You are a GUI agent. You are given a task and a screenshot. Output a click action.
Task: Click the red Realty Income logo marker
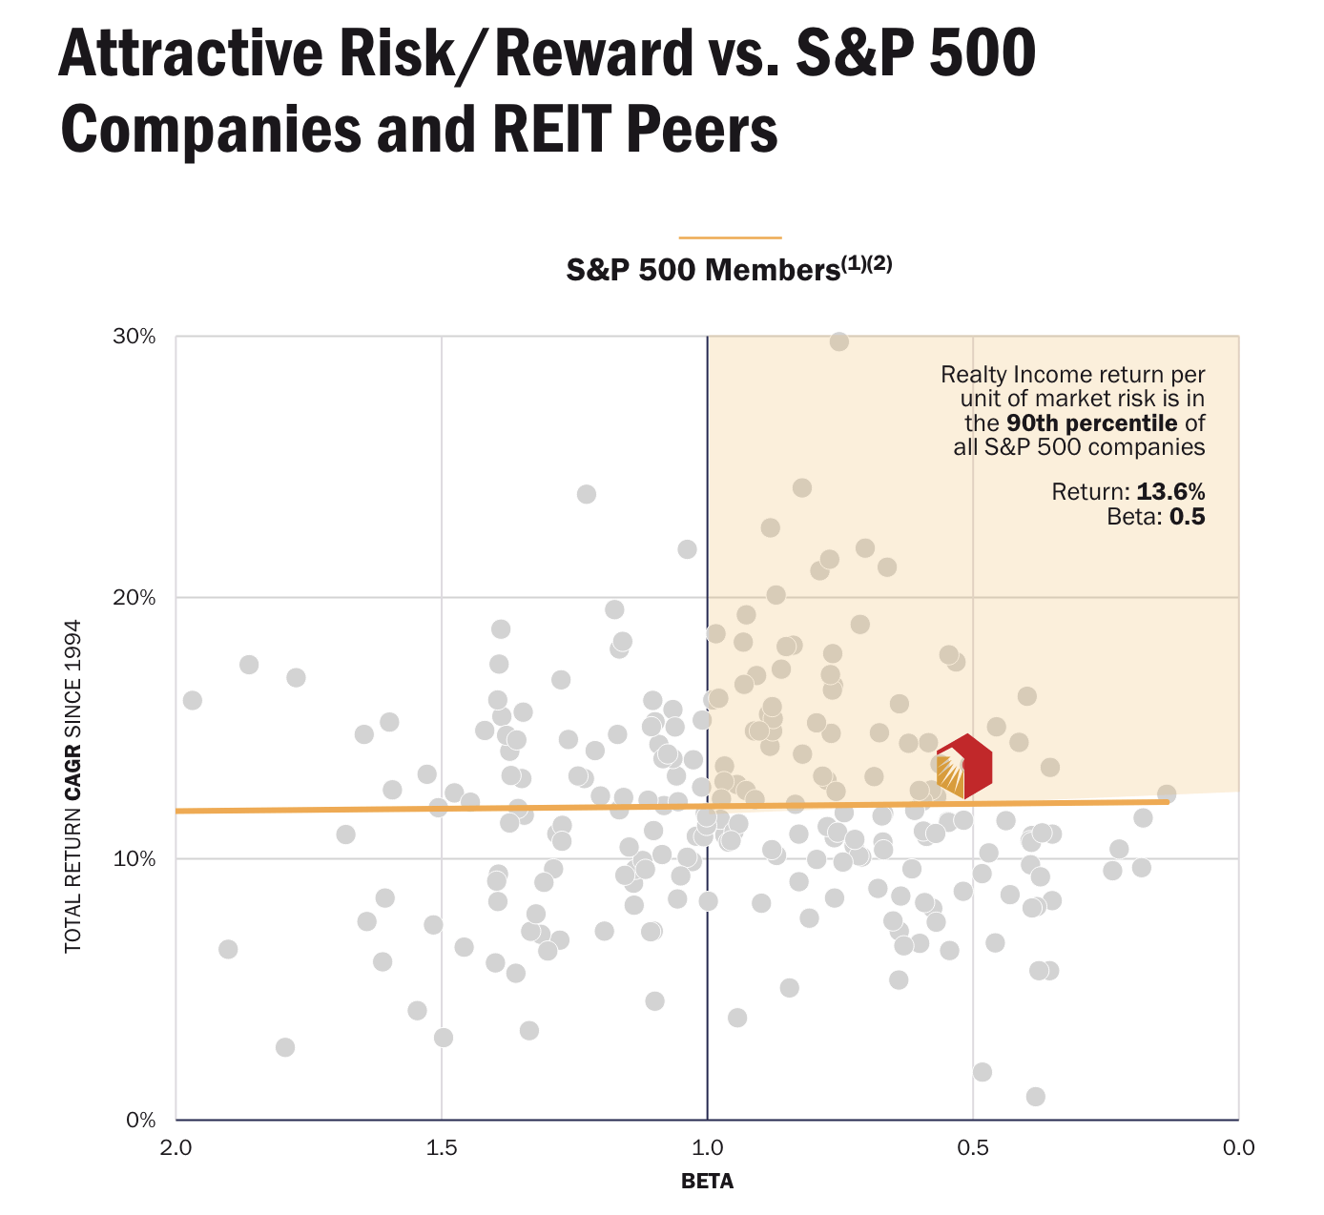click(x=964, y=767)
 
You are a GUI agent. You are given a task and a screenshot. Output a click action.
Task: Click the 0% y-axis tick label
click(x=141, y=1120)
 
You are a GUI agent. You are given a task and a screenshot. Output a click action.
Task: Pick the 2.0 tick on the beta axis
click(x=176, y=1147)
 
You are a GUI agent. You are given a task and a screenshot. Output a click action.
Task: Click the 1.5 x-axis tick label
click(x=442, y=1147)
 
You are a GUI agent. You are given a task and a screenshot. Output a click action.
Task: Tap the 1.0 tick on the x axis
click(x=707, y=1147)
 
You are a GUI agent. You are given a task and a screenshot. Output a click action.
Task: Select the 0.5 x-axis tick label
click(x=972, y=1147)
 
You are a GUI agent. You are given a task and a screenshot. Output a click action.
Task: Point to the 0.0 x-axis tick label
click(x=1237, y=1147)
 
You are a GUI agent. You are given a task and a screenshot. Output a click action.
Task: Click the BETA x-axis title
click(x=707, y=1183)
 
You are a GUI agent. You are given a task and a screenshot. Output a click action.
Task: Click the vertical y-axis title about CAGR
click(x=73, y=786)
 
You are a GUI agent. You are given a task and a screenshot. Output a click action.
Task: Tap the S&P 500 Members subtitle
click(x=729, y=270)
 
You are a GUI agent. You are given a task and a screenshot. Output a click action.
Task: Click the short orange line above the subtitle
click(x=730, y=237)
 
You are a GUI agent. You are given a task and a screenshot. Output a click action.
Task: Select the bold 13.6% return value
click(x=1170, y=492)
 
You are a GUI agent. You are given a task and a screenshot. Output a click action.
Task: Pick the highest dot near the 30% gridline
click(x=838, y=341)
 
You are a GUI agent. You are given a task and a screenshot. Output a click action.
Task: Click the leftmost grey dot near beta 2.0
click(x=192, y=701)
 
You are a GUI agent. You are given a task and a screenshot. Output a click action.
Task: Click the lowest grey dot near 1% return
click(x=1035, y=1097)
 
